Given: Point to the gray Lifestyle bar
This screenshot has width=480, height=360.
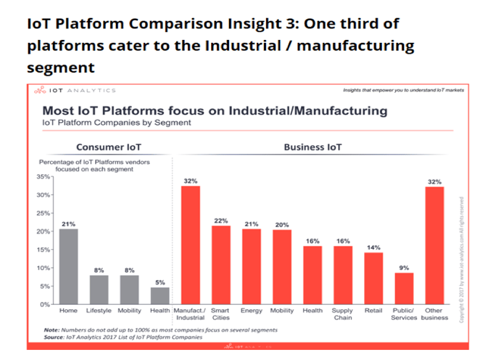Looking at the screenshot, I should pos(99,290).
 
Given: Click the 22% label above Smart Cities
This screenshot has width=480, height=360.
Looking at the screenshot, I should pos(222,220).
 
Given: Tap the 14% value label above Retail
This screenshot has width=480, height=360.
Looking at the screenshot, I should pos(373,247).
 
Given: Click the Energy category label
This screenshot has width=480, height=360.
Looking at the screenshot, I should pos(252,311).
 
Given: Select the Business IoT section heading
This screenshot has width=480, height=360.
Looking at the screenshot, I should pos(313,146).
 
